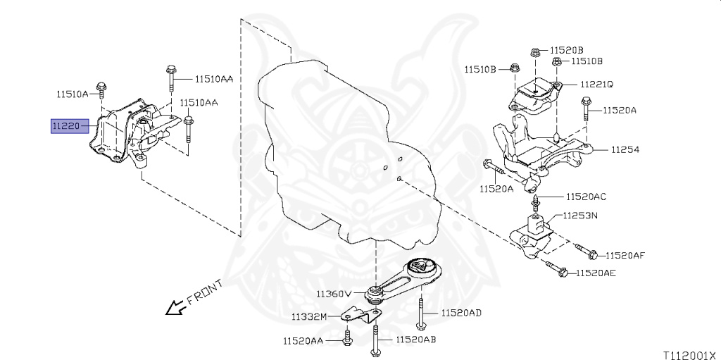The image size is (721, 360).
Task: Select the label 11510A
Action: click(73, 93)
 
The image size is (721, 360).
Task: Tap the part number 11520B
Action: click(567, 50)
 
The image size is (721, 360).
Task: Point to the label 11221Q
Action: click(596, 84)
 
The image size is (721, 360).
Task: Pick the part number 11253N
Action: click(580, 216)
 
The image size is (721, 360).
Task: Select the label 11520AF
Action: click(626, 255)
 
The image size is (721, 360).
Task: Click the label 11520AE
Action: click(596, 273)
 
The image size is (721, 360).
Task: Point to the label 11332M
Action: click(311, 316)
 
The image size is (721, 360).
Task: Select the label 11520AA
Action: click(303, 340)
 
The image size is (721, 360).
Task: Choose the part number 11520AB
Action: click(416, 340)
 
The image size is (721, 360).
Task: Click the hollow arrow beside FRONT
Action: click(173, 307)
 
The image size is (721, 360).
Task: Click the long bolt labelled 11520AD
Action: click(420, 312)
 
